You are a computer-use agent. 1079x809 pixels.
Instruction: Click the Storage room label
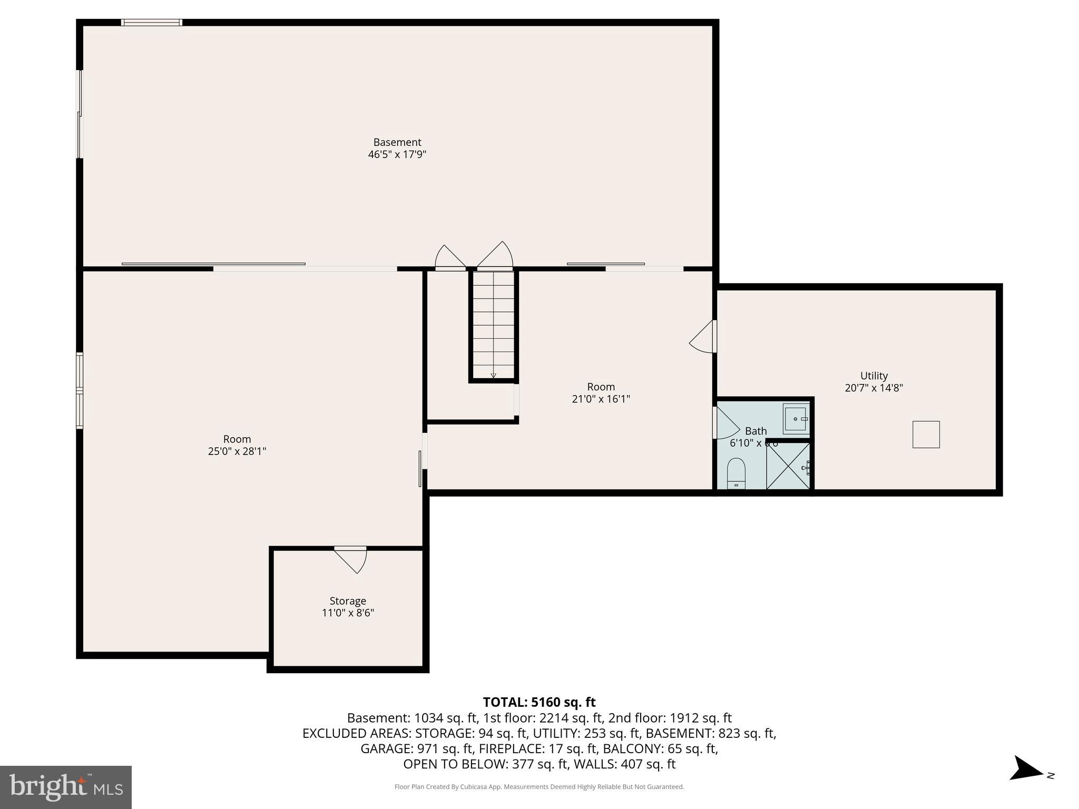[348, 600]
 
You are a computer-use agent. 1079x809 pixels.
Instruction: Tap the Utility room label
[874, 376]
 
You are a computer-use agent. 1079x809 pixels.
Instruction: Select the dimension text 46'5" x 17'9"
[397, 154]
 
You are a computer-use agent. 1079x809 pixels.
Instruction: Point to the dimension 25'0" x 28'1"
[237, 451]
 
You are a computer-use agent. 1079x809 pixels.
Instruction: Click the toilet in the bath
[736, 472]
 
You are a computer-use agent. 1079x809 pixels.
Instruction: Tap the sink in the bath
[796, 419]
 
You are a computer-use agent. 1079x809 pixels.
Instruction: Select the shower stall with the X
[788, 466]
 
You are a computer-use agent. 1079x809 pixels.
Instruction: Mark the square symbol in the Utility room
[926, 434]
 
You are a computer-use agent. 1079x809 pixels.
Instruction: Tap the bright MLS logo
[66, 787]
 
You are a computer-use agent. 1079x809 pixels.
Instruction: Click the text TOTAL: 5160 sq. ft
[539, 702]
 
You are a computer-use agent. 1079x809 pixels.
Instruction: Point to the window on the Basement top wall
[152, 22]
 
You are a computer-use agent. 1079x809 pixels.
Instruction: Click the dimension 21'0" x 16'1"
[601, 399]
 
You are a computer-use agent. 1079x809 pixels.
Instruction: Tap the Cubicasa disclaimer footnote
[539, 787]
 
